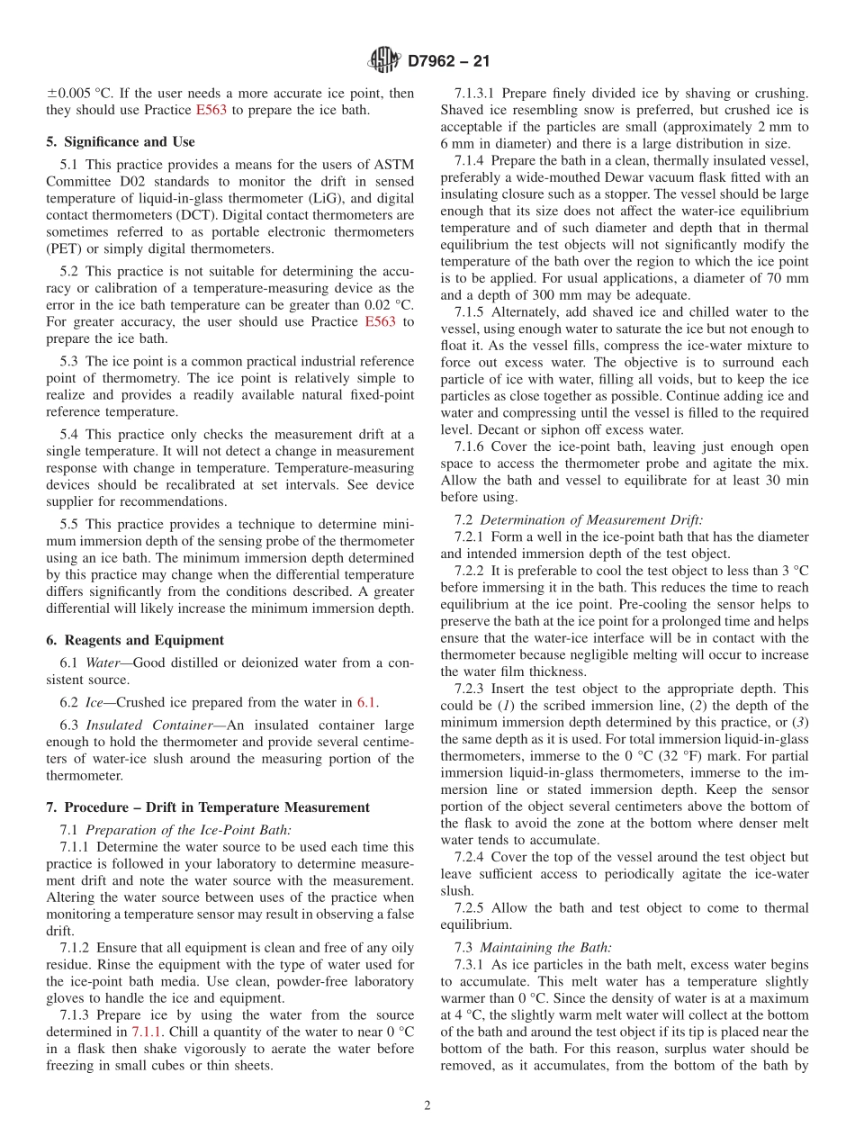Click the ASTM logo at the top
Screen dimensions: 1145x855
[384, 61]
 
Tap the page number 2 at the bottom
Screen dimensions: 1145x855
[427, 1105]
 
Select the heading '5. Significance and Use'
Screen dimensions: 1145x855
[121, 141]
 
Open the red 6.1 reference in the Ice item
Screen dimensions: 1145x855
[368, 702]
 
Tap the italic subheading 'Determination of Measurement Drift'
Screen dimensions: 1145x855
[591, 519]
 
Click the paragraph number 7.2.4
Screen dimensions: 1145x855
[472, 857]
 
